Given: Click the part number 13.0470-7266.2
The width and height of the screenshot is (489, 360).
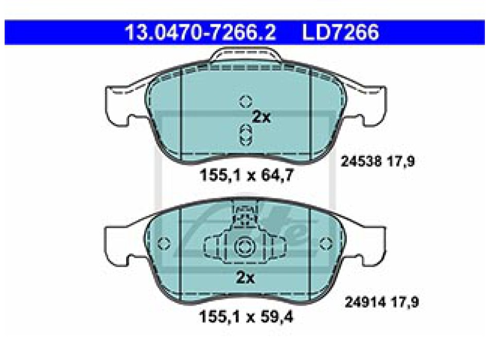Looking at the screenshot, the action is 200,32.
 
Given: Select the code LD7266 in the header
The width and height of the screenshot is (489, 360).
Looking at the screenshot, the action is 341,32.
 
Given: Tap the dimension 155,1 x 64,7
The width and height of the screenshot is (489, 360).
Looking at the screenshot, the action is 247,175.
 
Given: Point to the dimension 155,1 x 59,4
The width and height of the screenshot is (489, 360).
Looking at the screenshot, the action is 246,317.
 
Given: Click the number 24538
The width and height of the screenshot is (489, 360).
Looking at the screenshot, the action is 361,161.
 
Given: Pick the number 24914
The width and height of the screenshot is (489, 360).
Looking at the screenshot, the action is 365,302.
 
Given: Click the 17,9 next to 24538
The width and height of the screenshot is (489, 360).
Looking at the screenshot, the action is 401,161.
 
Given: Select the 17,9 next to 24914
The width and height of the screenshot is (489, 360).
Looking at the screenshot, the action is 405,302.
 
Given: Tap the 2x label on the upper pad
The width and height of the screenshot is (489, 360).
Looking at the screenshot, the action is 261,117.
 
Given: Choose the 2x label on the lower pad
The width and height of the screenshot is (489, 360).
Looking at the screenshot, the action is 245,277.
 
